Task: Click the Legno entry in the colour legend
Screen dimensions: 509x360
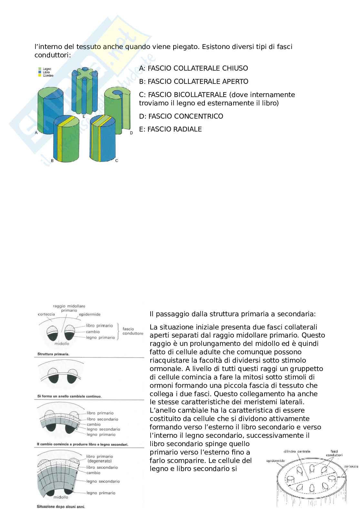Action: pos(46,69)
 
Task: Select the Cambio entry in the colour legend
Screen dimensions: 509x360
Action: pos(47,75)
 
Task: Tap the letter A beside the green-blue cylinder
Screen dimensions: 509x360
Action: pos(36,132)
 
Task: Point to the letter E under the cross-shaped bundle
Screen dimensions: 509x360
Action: pos(84,116)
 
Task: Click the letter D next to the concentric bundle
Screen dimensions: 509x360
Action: pos(131,133)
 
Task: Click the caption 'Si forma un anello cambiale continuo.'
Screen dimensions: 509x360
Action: pos(69,396)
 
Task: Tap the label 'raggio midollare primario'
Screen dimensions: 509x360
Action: pos(69,308)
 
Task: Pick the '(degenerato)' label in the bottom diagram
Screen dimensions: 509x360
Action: pos(100,461)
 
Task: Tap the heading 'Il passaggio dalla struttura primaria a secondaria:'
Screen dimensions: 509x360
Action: pos(233,314)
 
